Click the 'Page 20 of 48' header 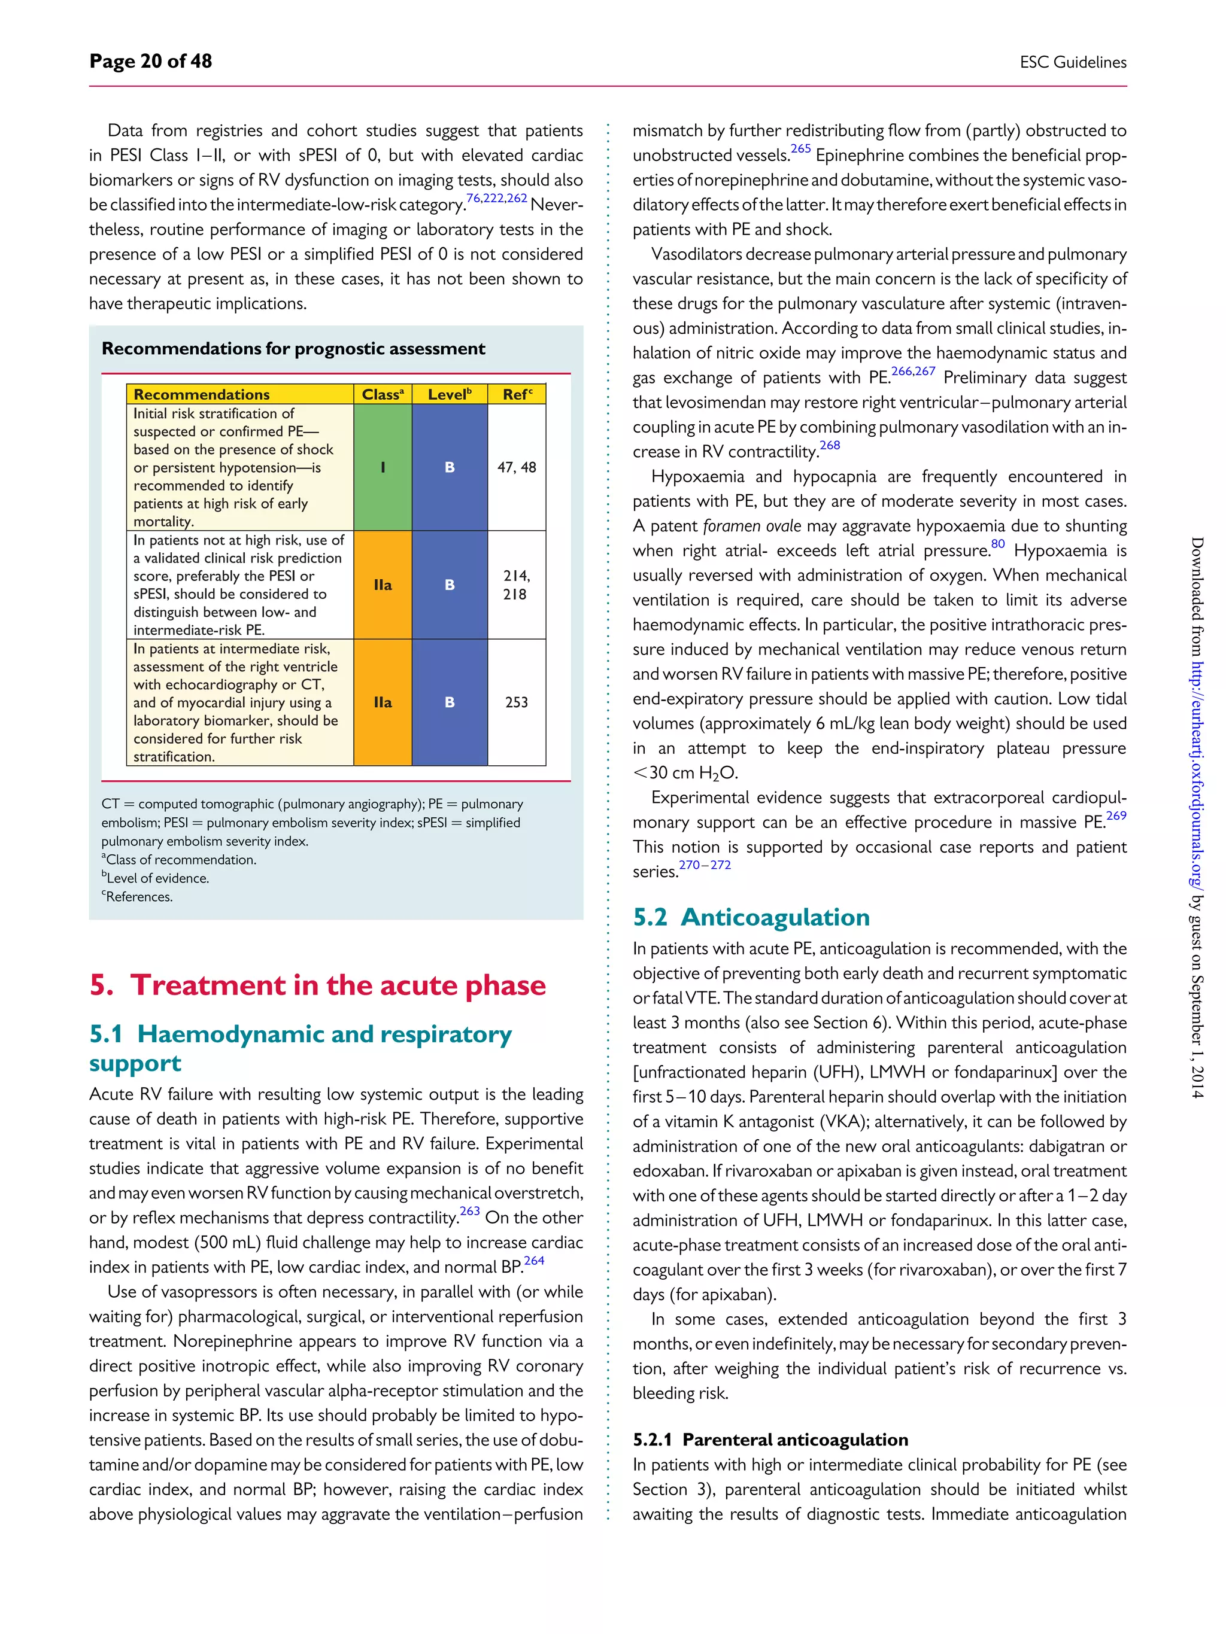pyautogui.click(x=151, y=61)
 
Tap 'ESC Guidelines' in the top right pyautogui.click(x=1072, y=63)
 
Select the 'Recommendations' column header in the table pyautogui.click(x=202, y=394)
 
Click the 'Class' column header pyautogui.click(x=382, y=394)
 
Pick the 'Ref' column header pyautogui.click(x=517, y=394)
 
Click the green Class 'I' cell pyautogui.click(x=382, y=467)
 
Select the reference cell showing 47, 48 pyautogui.click(x=517, y=467)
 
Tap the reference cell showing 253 pyautogui.click(x=517, y=702)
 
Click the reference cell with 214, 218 pyautogui.click(x=517, y=585)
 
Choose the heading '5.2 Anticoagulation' pyautogui.click(x=751, y=917)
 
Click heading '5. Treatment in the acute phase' pyautogui.click(x=317, y=985)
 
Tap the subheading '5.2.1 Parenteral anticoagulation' pyautogui.click(x=770, y=1440)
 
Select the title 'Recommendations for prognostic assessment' pyautogui.click(x=293, y=349)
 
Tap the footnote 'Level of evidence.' pyautogui.click(x=157, y=878)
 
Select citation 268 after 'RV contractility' pyautogui.click(x=830, y=445)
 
